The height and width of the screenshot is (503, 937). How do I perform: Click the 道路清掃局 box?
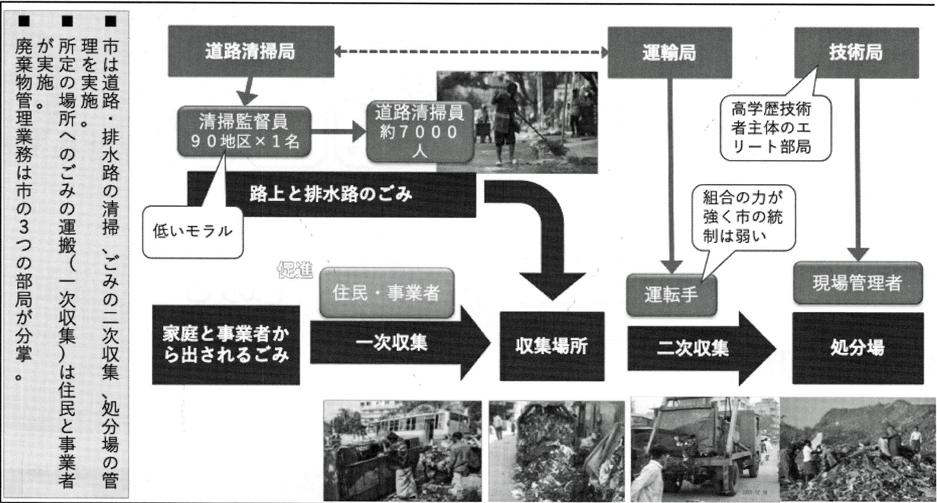tap(251, 52)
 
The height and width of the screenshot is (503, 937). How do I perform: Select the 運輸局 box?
tap(669, 53)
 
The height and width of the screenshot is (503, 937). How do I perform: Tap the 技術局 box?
tap(856, 53)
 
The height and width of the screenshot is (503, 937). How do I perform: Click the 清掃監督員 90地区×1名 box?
tap(244, 131)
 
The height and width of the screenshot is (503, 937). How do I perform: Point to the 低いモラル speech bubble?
tap(192, 232)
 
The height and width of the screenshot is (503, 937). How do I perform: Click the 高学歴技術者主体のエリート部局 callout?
tap(775, 128)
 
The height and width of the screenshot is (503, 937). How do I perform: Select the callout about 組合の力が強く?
tap(743, 217)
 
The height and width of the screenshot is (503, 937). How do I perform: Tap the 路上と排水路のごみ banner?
tap(331, 195)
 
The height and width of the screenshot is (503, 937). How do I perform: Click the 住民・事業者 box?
tap(386, 293)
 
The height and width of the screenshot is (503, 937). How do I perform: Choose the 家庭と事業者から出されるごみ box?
tap(225, 345)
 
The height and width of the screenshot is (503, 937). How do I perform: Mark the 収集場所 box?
tap(552, 346)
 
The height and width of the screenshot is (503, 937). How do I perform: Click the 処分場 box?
tap(858, 348)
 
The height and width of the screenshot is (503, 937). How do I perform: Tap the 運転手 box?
tap(671, 295)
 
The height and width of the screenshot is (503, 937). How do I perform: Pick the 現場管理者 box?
tap(858, 283)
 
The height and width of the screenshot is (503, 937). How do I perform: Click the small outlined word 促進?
tap(295, 271)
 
